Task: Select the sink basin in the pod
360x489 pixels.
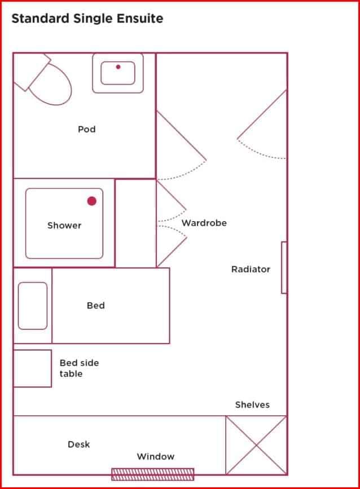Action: [118, 73]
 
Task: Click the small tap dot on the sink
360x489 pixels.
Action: [118, 67]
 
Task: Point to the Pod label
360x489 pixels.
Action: [86, 129]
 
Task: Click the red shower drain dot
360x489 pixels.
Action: [91, 201]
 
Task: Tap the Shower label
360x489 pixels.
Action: [64, 225]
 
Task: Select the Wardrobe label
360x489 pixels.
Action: [204, 223]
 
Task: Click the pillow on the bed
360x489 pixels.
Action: [33, 305]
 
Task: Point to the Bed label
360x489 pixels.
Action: [95, 305]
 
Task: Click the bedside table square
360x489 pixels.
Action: [32, 368]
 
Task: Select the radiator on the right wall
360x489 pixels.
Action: [284, 267]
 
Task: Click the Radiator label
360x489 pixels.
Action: [251, 269]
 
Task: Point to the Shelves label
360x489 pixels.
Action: [252, 404]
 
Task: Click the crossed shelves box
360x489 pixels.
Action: [256, 445]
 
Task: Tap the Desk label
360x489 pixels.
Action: [78, 444]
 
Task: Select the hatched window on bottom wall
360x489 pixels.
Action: [152, 474]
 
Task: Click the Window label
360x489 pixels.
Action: [155, 456]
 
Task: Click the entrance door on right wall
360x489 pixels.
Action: [262, 124]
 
